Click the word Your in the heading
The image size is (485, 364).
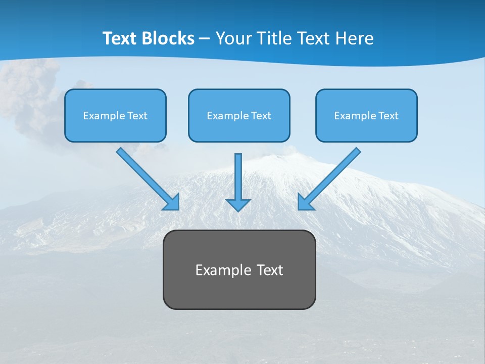[x=233, y=38]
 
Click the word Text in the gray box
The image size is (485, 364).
[x=269, y=270]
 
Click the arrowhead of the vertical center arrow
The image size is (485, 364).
[x=238, y=205]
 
